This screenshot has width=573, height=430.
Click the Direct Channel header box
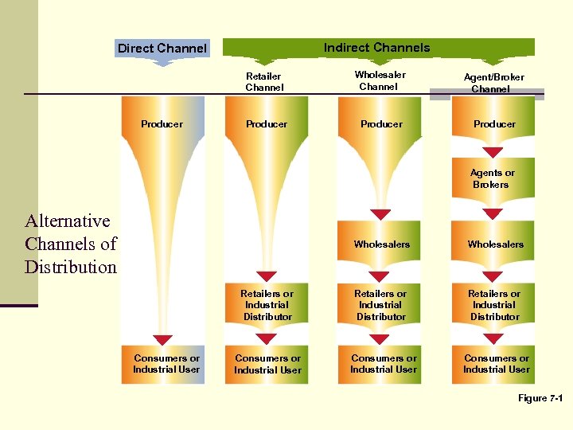click(x=162, y=49)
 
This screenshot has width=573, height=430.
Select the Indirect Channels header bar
click(x=377, y=48)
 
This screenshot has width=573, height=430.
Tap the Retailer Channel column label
click(x=264, y=82)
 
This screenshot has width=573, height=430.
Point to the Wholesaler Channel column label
click(x=380, y=80)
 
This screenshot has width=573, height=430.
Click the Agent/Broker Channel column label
click(x=493, y=83)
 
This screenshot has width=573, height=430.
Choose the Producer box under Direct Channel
click(x=162, y=124)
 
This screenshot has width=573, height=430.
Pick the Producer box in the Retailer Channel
click(x=267, y=124)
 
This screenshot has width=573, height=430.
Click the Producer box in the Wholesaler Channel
click(x=381, y=124)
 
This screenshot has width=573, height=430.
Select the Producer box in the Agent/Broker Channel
click(x=494, y=124)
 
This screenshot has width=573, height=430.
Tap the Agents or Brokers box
click(x=493, y=179)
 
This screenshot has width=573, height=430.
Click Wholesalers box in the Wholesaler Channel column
click(x=381, y=244)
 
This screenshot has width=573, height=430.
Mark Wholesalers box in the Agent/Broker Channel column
click(x=495, y=244)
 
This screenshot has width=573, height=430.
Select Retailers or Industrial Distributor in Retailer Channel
click(x=267, y=305)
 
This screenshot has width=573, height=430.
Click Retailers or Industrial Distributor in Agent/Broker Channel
click(x=494, y=305)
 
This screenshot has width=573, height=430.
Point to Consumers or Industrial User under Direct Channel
click(x=166, y=365)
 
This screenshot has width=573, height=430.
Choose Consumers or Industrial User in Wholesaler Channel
click(x=383, y=365)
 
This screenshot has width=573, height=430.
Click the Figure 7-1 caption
click(x=540, y=397)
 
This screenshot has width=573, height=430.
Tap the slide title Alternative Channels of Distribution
click(x=70, y=244)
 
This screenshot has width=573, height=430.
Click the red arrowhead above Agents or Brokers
click(x=494, y=152)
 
